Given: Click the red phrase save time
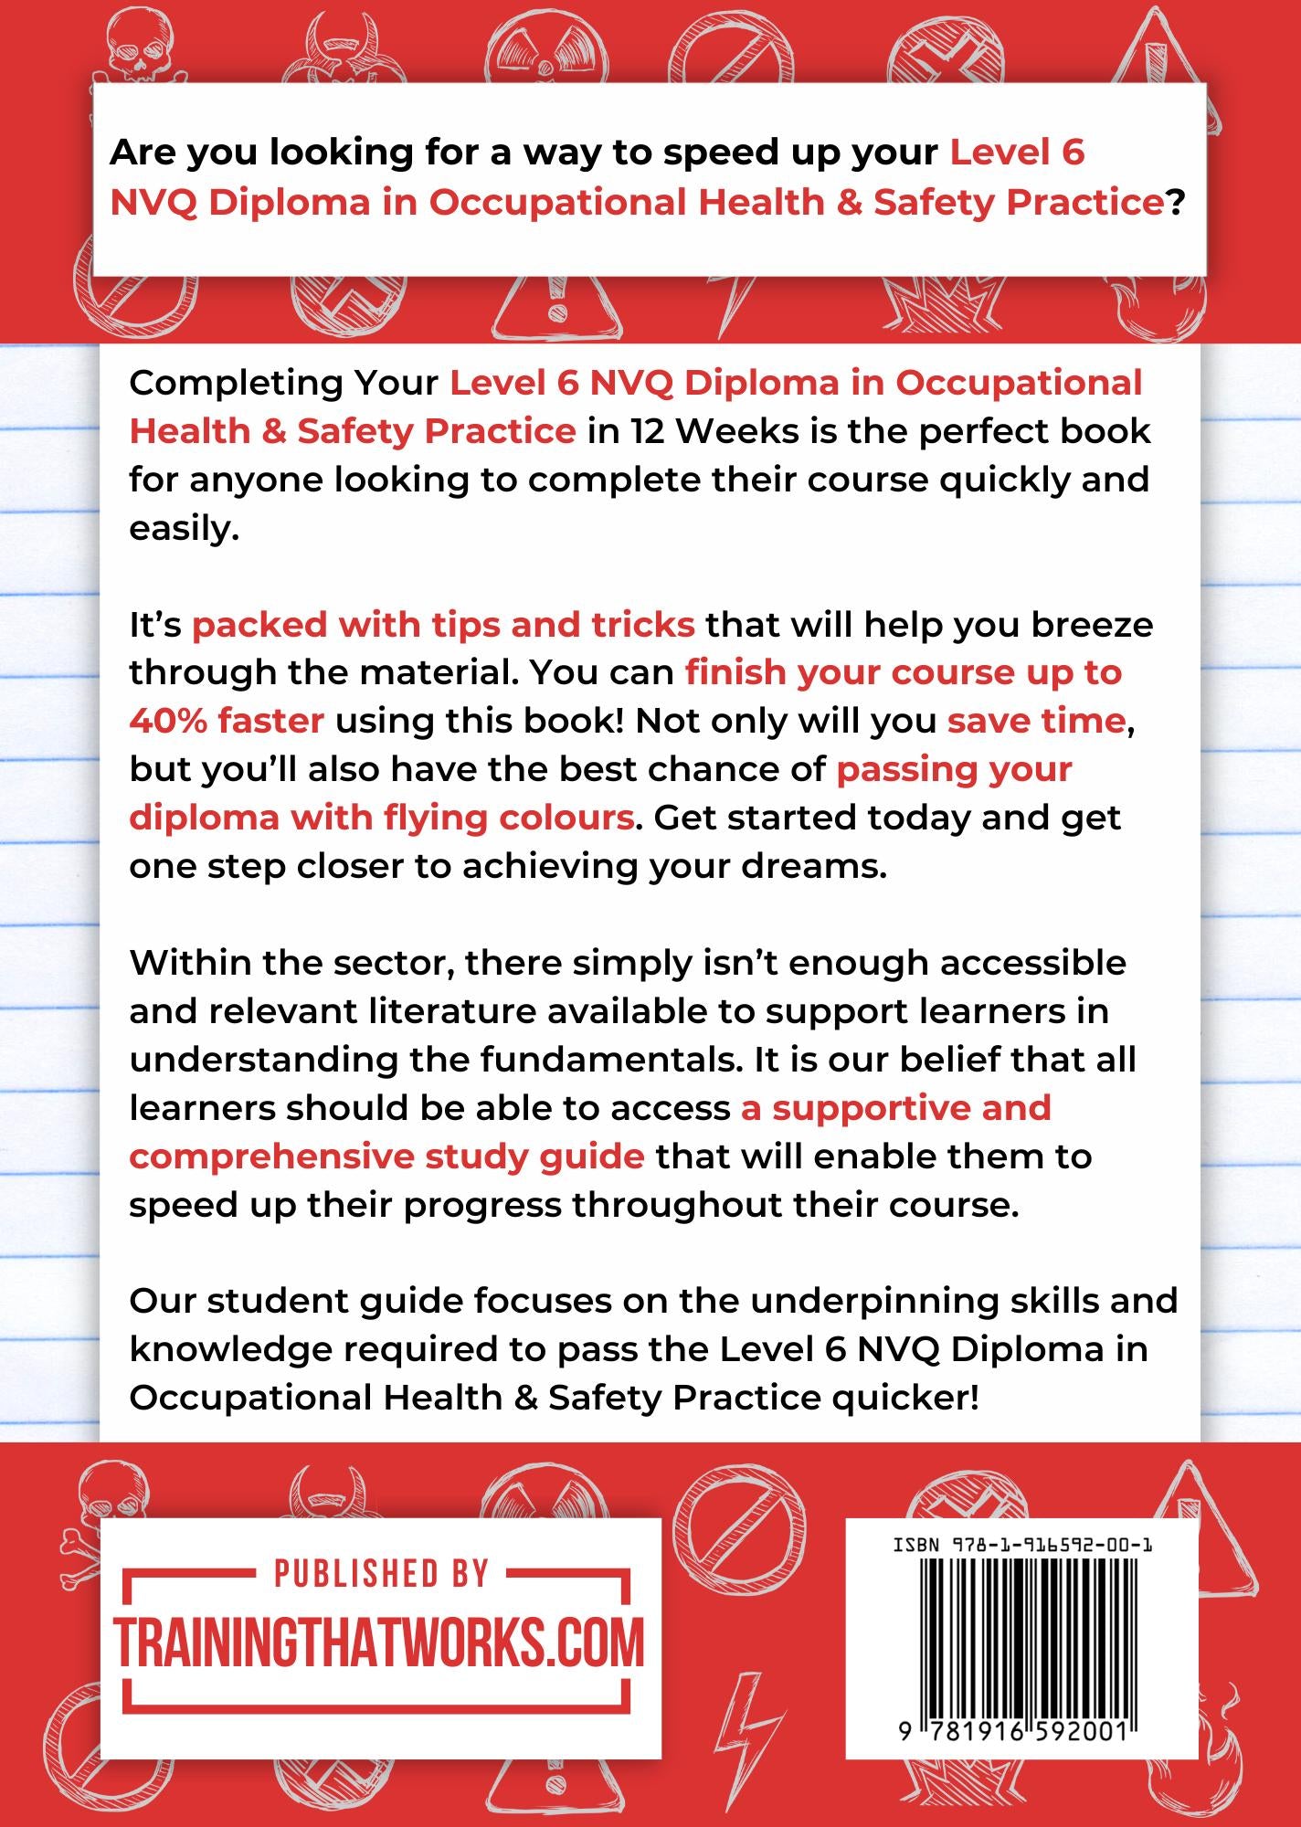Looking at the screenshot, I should [x=1035, y=721].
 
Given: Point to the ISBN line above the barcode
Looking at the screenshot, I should [x=1021, y=1545].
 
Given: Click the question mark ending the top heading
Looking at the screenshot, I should [x=1175, y=203].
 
